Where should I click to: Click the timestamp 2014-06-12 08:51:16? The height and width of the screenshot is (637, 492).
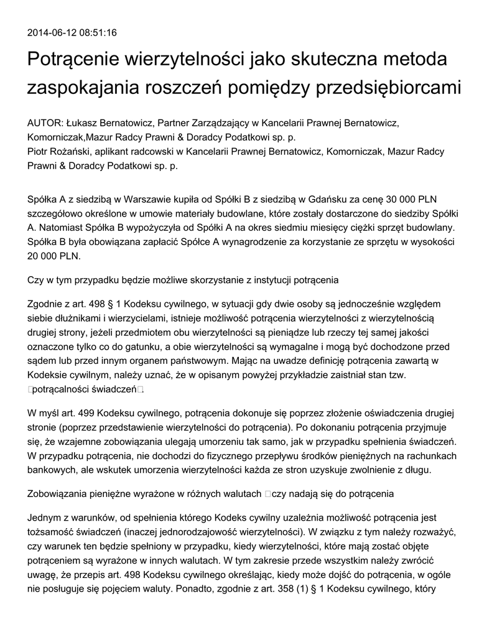coord(72,32)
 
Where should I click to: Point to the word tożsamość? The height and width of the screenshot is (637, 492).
coord(53,532)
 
